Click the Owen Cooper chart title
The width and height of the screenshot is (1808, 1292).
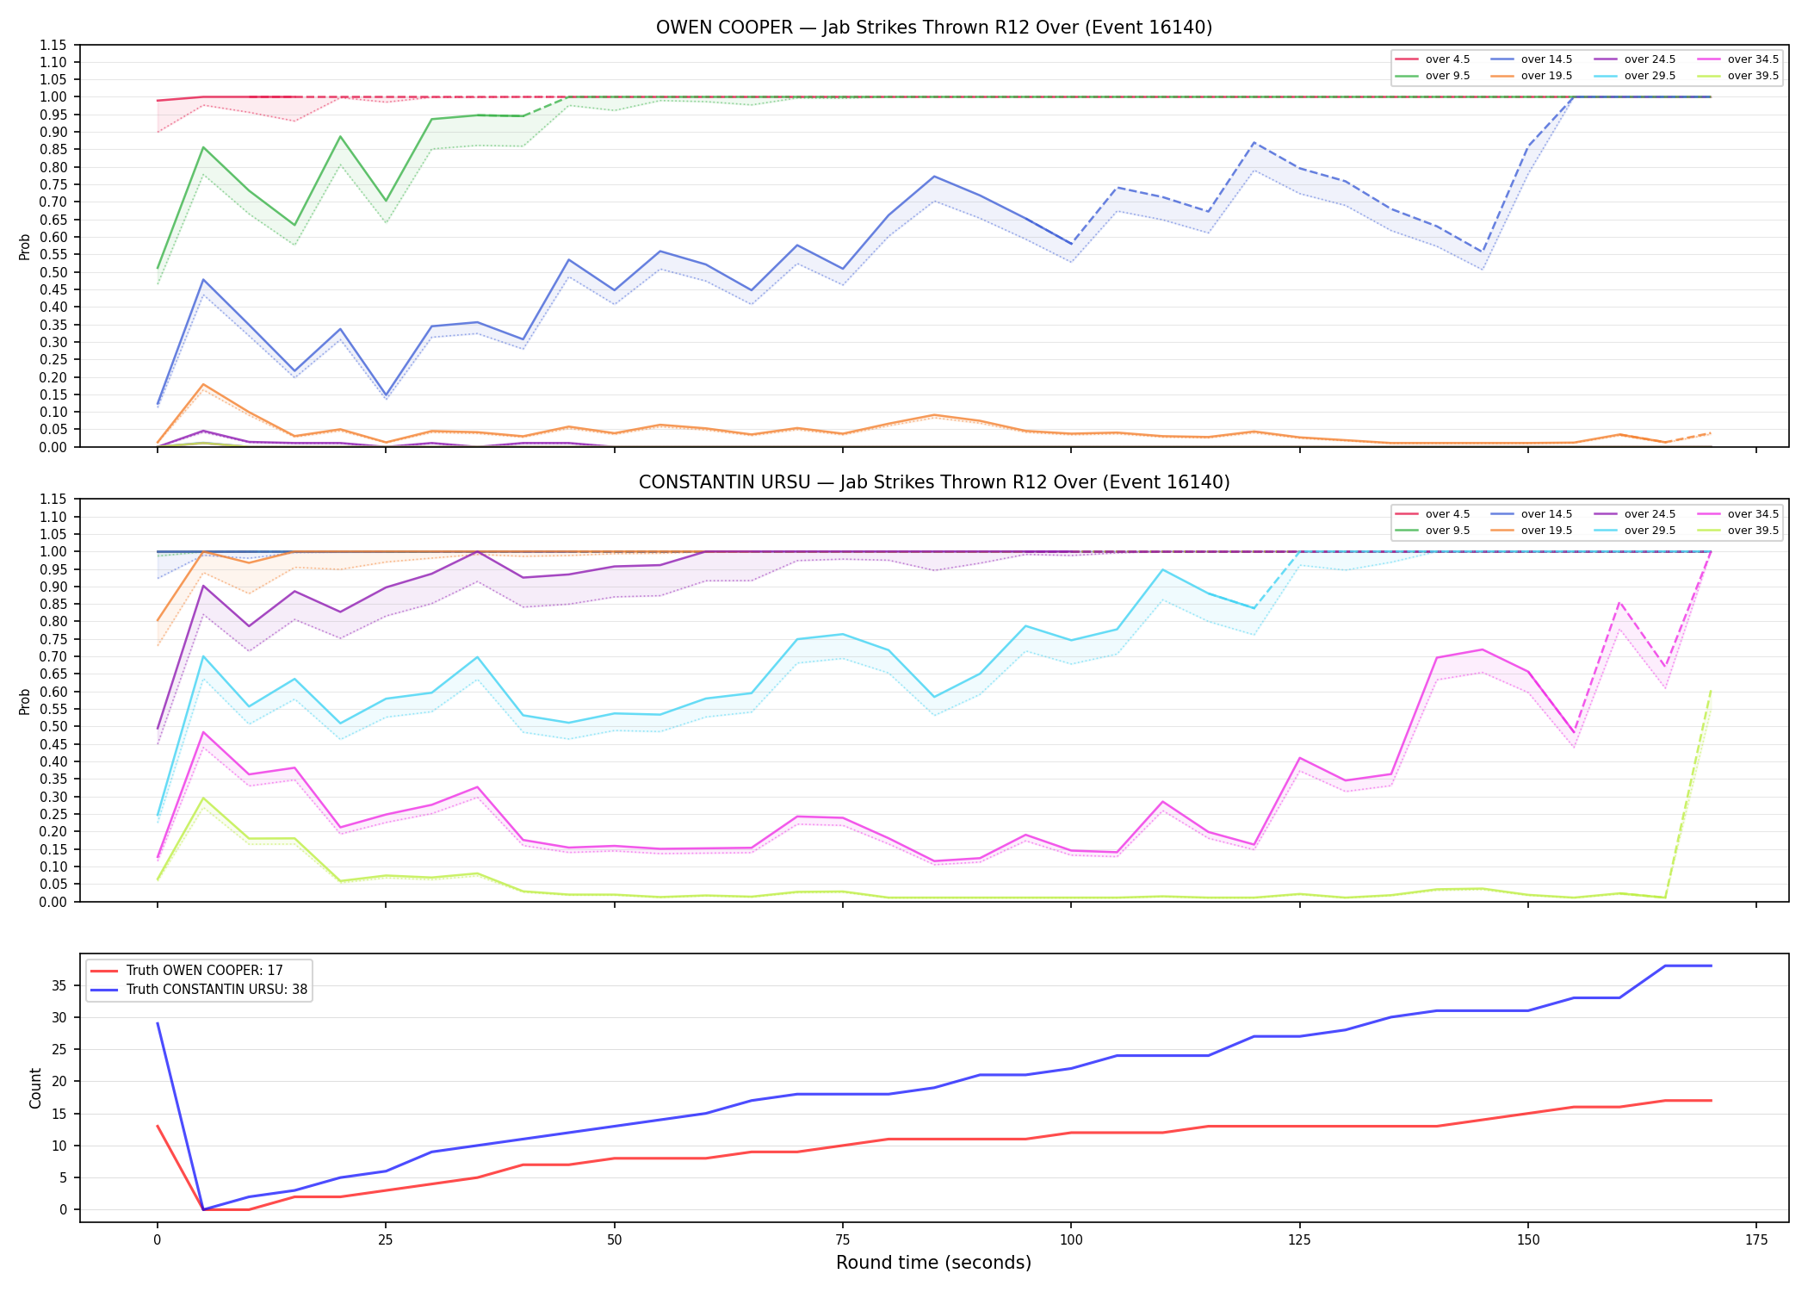coord(933,28)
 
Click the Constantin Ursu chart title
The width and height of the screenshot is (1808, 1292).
coord(933,482)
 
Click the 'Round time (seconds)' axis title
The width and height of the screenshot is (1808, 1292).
coord(933,1263)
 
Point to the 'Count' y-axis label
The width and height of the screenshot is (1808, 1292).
coord(35,1088)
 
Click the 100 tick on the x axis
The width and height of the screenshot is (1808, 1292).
coord(1070,1240)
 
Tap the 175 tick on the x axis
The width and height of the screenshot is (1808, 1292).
coord(1755,1240)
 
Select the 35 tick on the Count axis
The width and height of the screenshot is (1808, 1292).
coord(60,985)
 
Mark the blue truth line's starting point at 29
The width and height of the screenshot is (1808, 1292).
coord(158,1023)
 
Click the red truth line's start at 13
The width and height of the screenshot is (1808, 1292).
coord(158,1126)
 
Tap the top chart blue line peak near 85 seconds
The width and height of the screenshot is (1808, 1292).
coord(934,177)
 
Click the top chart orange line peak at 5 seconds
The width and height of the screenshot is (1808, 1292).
coord(203,384)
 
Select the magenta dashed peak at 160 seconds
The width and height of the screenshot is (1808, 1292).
coord(1619,602)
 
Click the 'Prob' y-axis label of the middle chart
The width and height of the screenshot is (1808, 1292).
coord(25,701)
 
